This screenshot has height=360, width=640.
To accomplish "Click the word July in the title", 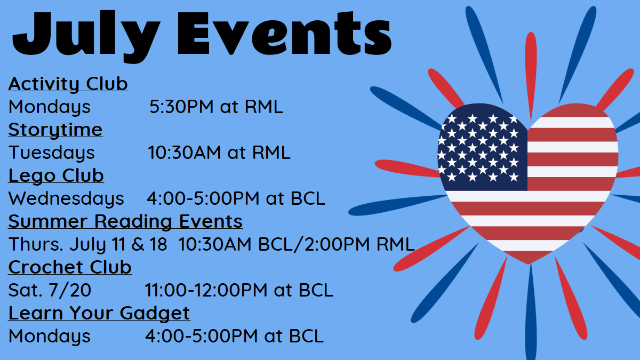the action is tap(86, 36).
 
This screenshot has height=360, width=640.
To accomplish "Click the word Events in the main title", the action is tap(285, 33).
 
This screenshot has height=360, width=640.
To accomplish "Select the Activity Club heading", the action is tap(68, 84).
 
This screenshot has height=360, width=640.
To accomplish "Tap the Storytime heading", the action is tap(55, 130).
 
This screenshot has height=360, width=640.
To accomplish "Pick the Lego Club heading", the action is tap(56, 175).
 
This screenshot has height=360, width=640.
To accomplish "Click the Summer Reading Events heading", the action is tap(125, 221).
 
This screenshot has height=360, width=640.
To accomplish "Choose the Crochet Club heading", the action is tap(70, 267).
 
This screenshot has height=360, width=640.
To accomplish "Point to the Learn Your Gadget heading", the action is tap(99, 313).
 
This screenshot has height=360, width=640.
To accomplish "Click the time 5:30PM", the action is tap(181, 107).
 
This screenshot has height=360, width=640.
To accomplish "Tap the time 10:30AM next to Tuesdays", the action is tap(185, 153).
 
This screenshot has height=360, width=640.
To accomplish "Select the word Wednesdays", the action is tap(66, 198).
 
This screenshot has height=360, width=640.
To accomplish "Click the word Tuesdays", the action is tap(51, 153).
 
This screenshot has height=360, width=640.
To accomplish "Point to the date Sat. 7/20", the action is tap(50, 290).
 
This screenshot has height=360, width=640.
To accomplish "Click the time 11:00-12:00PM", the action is tap(206, 290).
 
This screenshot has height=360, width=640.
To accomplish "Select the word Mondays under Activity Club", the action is tap(50, 107).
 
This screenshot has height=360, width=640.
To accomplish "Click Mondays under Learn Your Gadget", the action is tap(50, 336).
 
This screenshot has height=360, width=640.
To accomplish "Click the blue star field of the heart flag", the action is tap(483, 149).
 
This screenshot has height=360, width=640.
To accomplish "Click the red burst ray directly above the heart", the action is tap(531, 76).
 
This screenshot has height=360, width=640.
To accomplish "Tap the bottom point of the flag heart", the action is tap(529, 264).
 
